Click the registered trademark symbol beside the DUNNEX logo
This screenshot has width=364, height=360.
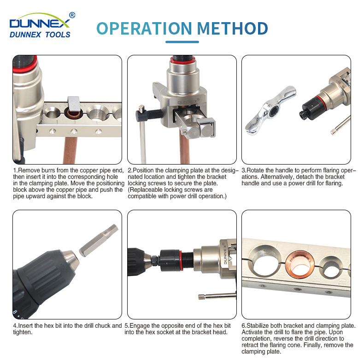click(x=72, y=15)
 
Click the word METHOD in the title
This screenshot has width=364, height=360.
click(x=232, y=29)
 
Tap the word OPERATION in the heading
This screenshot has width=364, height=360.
click(x=144, y=29)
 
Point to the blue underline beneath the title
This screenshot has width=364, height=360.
click(x=182, y=42)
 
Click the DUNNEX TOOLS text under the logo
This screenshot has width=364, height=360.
click(x=40, y=35)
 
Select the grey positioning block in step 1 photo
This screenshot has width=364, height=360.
click(x=74, y=103)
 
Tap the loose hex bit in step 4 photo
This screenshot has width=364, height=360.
click(x=99, y=241)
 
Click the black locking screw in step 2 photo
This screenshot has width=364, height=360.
click(x=148, y=114)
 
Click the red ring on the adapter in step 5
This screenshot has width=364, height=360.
click(x=180, y=260)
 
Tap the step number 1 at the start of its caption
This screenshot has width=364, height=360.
click(x=15, y=171)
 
